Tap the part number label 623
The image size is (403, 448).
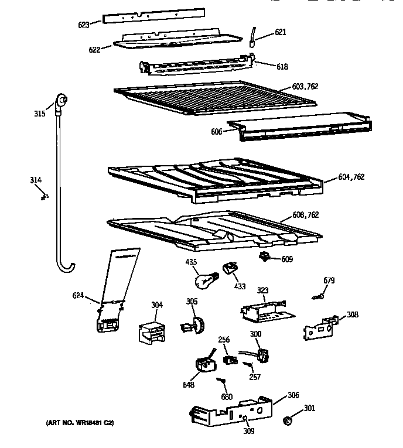coord(83,25)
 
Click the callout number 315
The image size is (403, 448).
coord(39,113)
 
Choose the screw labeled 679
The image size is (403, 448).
coord(319,297)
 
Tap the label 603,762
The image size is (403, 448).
coord(305,87)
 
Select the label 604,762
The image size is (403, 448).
coord(351,177)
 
